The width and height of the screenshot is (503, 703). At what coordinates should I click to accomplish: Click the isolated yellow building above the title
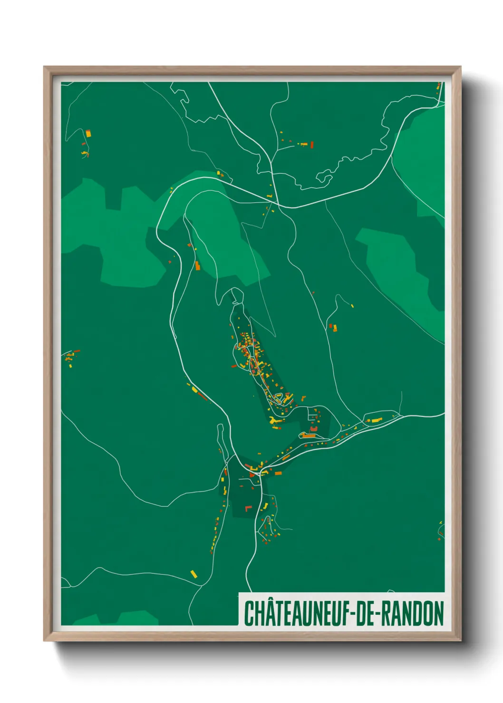193,574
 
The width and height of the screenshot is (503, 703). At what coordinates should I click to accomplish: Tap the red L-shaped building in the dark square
247,509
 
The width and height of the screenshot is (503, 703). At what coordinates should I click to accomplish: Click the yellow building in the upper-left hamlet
88,133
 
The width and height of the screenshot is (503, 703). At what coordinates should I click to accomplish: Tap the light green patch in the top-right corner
421,157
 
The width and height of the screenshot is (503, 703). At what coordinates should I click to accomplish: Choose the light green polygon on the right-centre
397,266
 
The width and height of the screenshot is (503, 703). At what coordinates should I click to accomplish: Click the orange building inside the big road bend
197,266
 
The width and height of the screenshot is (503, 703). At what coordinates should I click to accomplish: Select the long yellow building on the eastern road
377,420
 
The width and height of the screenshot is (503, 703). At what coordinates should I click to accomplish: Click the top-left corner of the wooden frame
45,67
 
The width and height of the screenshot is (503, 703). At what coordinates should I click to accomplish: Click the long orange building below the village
309,435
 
